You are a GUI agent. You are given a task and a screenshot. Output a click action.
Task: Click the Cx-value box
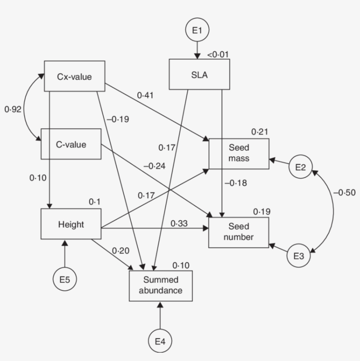pos(74,76)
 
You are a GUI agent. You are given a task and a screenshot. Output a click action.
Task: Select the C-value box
pos(71,144)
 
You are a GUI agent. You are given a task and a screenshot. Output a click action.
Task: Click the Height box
pos(71,224)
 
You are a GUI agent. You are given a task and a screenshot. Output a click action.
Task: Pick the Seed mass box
pos(239,154)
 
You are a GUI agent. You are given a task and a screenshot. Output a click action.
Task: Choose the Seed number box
pos(239,232)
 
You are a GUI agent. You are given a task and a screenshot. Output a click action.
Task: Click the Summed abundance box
pos(160,285)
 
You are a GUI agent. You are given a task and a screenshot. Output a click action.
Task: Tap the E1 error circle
pos(197,30)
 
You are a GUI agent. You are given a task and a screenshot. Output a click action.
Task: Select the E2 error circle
pos(301,166)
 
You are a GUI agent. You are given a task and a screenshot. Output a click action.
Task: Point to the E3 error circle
pos(299,256)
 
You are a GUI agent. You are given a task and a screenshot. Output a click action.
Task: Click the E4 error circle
pos(160,341)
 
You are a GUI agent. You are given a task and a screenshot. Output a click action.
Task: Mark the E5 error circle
pos(65,279)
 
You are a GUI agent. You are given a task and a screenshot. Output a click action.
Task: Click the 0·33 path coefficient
pos(180,223)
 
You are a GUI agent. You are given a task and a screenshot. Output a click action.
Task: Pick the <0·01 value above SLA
pos(218,55)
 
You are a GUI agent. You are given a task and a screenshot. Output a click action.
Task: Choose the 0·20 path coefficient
pos(120,250)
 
